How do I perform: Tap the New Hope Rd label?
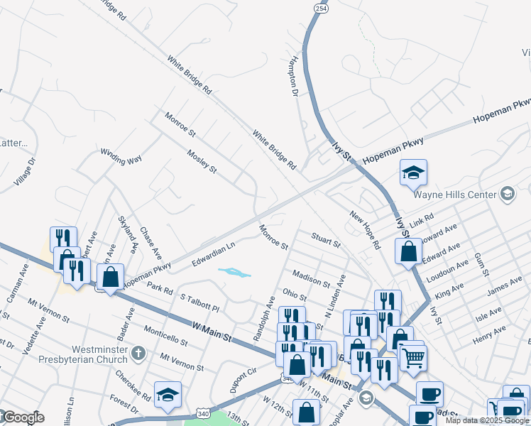tap(366, 228)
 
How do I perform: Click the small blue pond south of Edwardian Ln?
tap(234, 273)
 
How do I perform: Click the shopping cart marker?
tap(412, 356)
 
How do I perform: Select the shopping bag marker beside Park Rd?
tap(110, 278)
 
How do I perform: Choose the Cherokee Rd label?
tap(132, 385)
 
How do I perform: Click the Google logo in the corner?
tap(23, 417)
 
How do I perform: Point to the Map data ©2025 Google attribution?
tap(487, 420)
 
